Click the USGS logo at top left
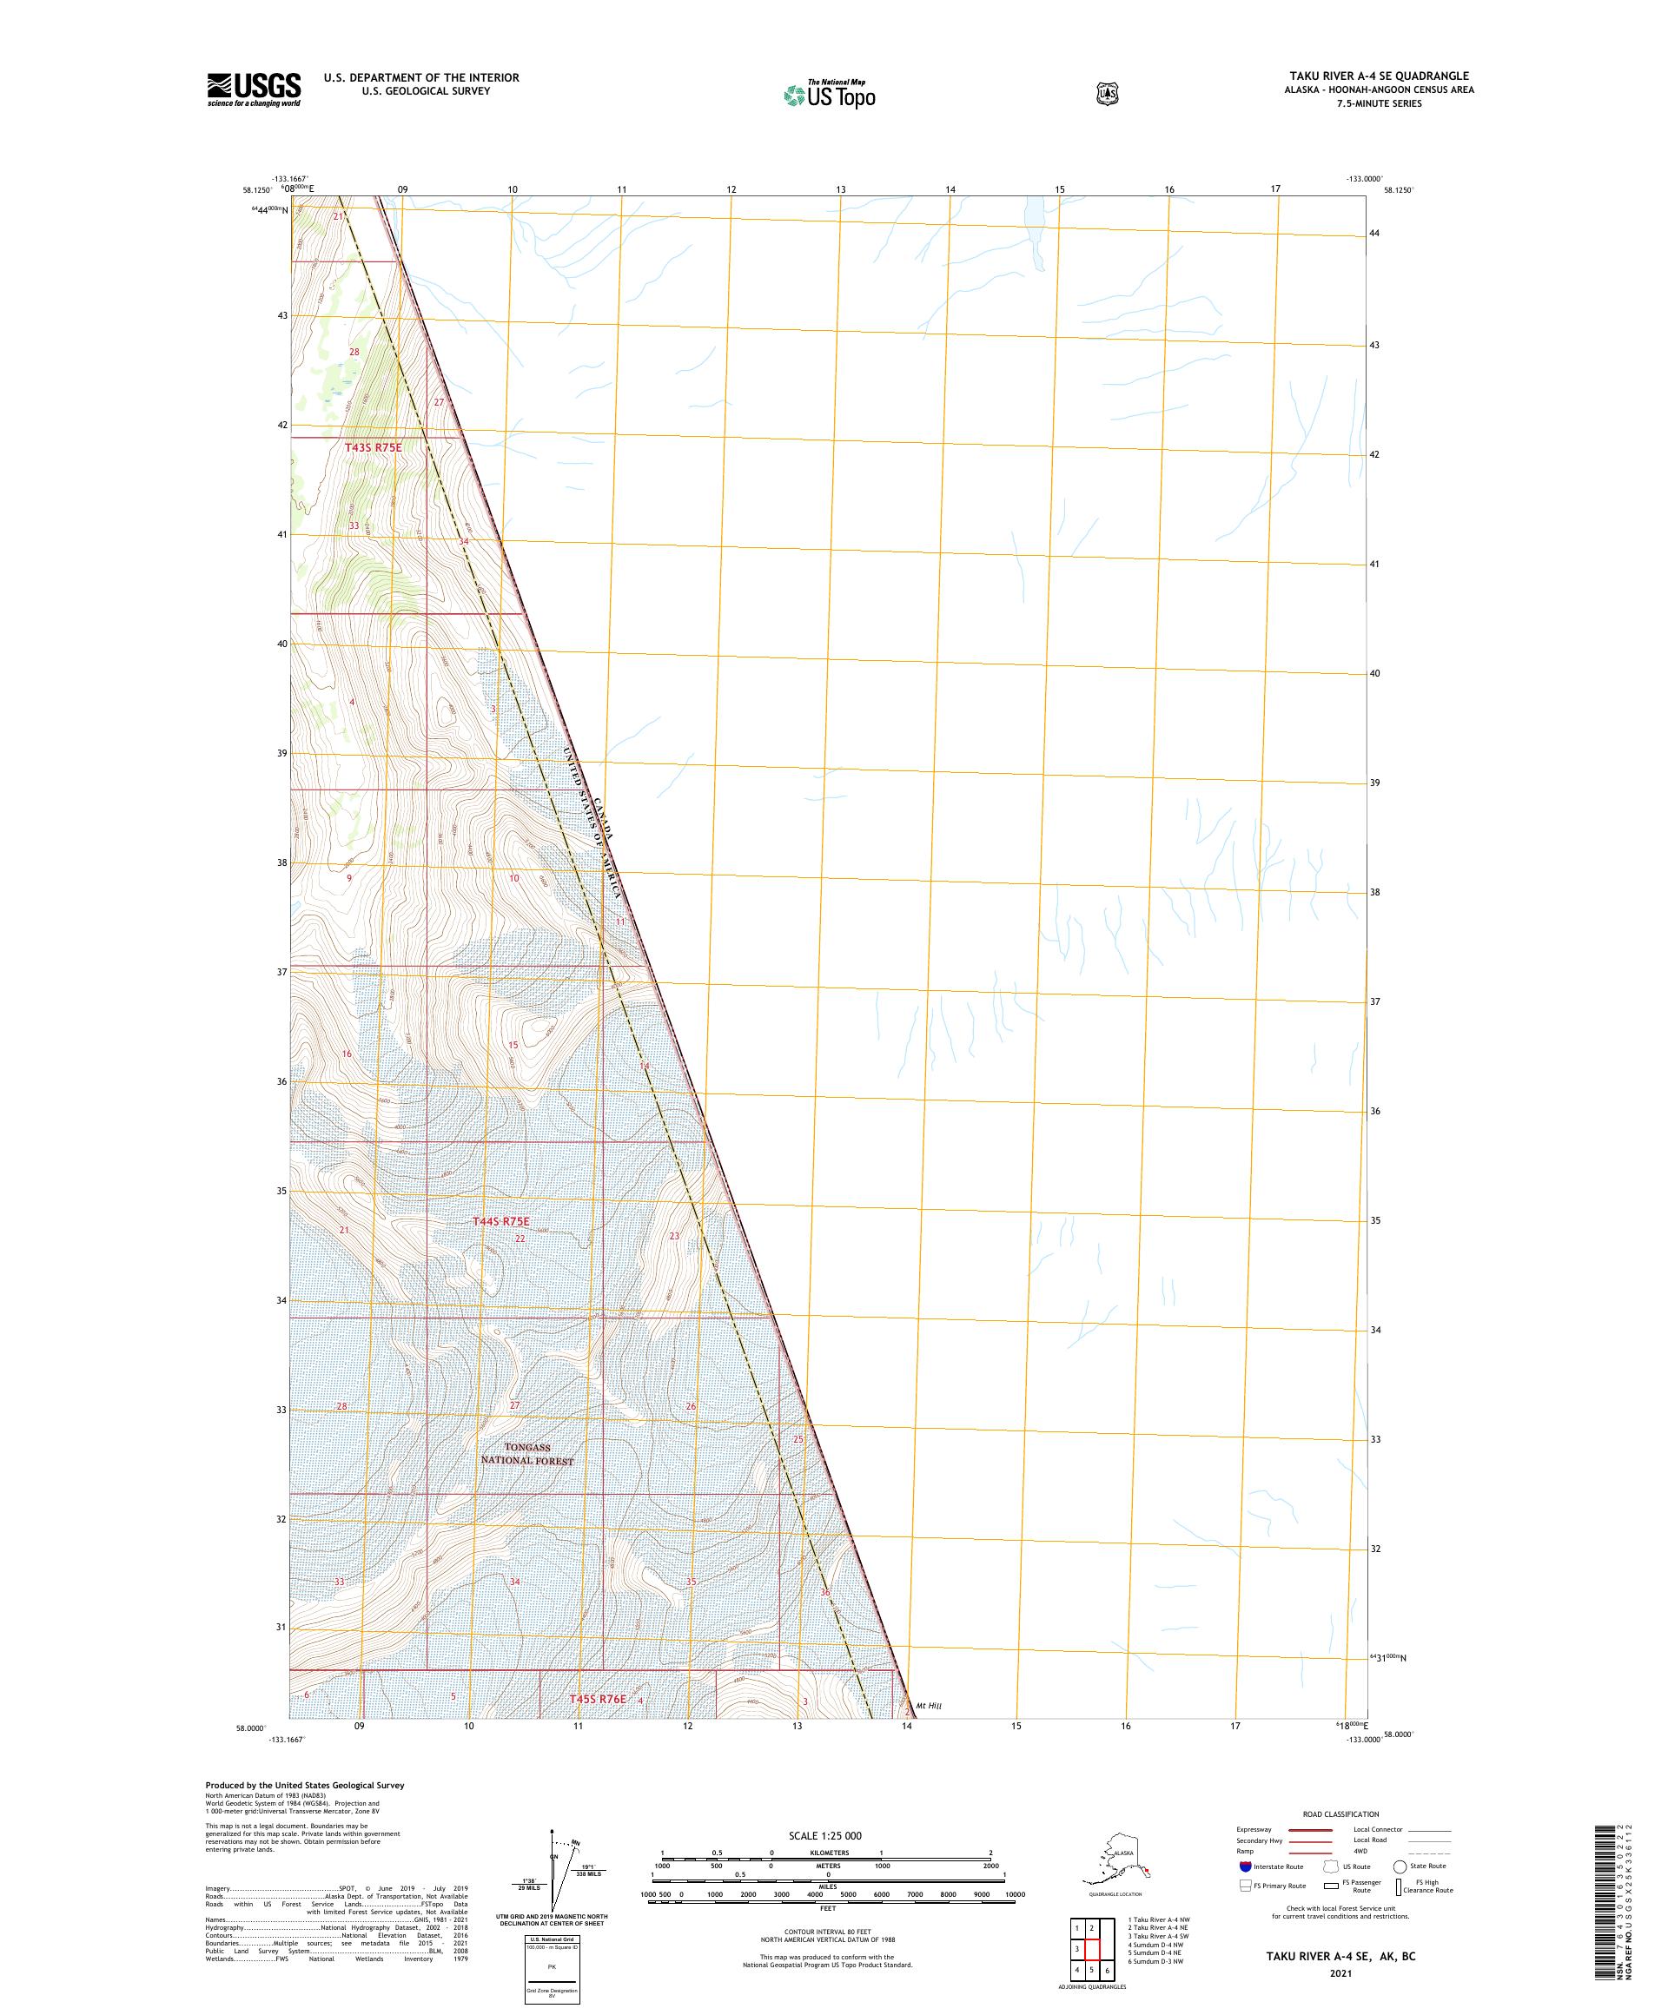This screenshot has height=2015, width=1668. click(254, 89)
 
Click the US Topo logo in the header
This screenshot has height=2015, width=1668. click(831, 94)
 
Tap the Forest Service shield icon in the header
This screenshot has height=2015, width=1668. click(1108, 93)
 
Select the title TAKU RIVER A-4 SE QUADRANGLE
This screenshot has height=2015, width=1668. click(1378, 76)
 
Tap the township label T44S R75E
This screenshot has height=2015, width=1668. click(501, 1221)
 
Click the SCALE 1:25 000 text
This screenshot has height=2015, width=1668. click(824, 1835)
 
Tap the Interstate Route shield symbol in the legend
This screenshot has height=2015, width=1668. click(1245, 1866)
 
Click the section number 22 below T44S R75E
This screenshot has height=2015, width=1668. click(520, 1239)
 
